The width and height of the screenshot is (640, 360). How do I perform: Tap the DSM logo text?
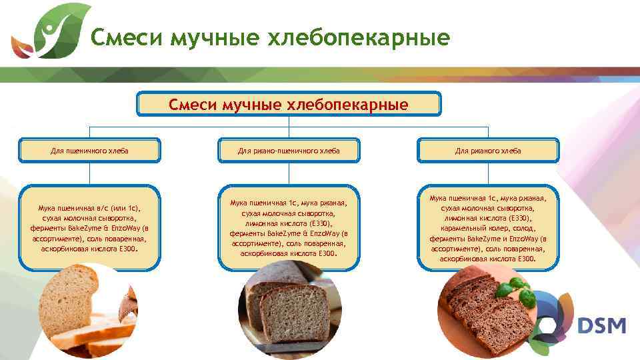tap(601, 326)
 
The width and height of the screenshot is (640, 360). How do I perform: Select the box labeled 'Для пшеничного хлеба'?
tap(89, 151)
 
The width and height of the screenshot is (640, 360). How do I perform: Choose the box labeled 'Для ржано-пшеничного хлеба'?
tap(289, 151)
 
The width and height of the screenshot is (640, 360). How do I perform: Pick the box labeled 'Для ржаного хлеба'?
tap(488, 151)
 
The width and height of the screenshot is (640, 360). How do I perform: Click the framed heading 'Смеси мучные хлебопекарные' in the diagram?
tap(289, 105)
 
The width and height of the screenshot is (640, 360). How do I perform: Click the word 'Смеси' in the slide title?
tap(127, 39)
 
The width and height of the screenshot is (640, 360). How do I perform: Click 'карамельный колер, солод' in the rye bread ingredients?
tap(488, 228)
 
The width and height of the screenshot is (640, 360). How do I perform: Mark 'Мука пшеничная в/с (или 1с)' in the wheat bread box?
tap(89, 208)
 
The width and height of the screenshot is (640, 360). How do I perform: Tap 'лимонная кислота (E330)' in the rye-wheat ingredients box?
tap(289, 224)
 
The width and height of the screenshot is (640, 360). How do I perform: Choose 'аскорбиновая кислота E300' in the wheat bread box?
tap(89, 248)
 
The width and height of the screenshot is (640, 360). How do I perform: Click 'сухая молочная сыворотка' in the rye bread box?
tap(488, 208)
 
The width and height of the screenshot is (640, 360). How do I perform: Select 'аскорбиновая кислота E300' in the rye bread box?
tap(488, 258)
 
